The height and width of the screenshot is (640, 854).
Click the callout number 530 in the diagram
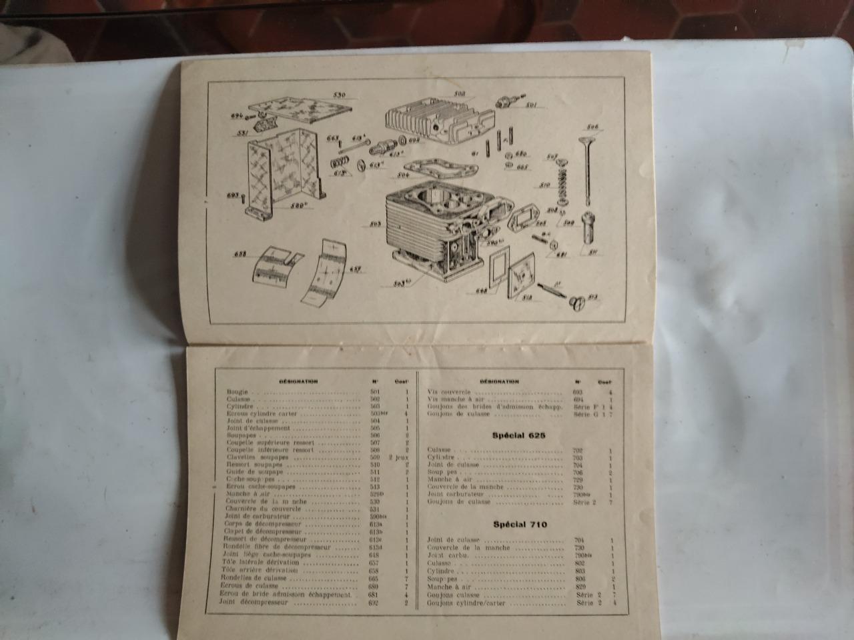click(339, 95)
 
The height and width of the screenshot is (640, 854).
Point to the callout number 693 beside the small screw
click(232, 195)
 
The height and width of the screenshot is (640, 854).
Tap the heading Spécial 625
click(519, 435)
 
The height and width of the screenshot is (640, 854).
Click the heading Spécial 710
click(520, 524)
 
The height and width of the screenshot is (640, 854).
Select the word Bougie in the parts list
click(237, 392)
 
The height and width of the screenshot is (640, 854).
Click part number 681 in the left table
click(374, 595)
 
